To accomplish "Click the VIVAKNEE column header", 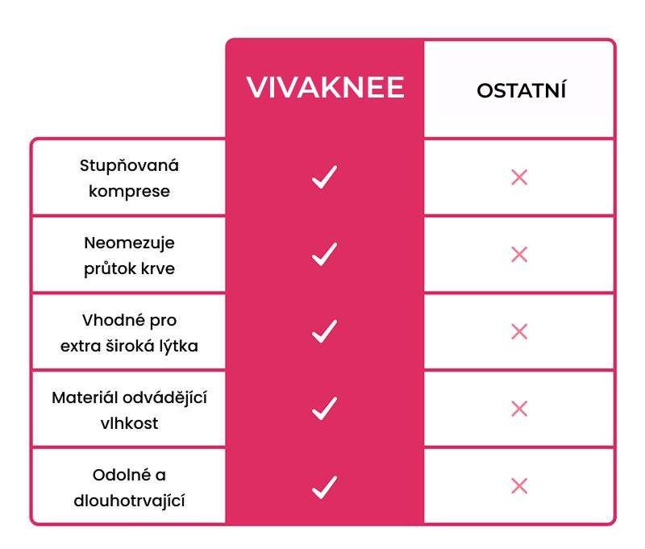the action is point(325,87).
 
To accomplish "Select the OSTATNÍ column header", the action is point(521,89).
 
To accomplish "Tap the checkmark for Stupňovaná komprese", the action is point(325,177).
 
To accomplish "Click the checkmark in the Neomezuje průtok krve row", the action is point(325,254).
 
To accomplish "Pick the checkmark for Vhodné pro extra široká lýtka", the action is point(325,331).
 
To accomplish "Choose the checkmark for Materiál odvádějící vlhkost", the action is point(325,409).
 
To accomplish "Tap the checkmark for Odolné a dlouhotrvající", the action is point(325,487).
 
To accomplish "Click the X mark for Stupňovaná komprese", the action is point(519,177).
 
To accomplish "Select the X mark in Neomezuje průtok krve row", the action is point(519,254).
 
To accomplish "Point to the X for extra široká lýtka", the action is point(519,331).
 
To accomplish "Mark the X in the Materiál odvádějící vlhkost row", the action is point(519,409).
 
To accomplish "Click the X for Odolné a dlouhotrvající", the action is point(519,486).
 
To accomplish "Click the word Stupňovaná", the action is point(129,166).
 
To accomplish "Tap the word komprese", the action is point(129,192).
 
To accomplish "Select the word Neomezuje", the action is point(129,243).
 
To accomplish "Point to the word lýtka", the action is point(179,345).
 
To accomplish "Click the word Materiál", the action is point(85,397).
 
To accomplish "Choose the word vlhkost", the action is point(129,422).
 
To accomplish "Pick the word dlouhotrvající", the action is point(129,501).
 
